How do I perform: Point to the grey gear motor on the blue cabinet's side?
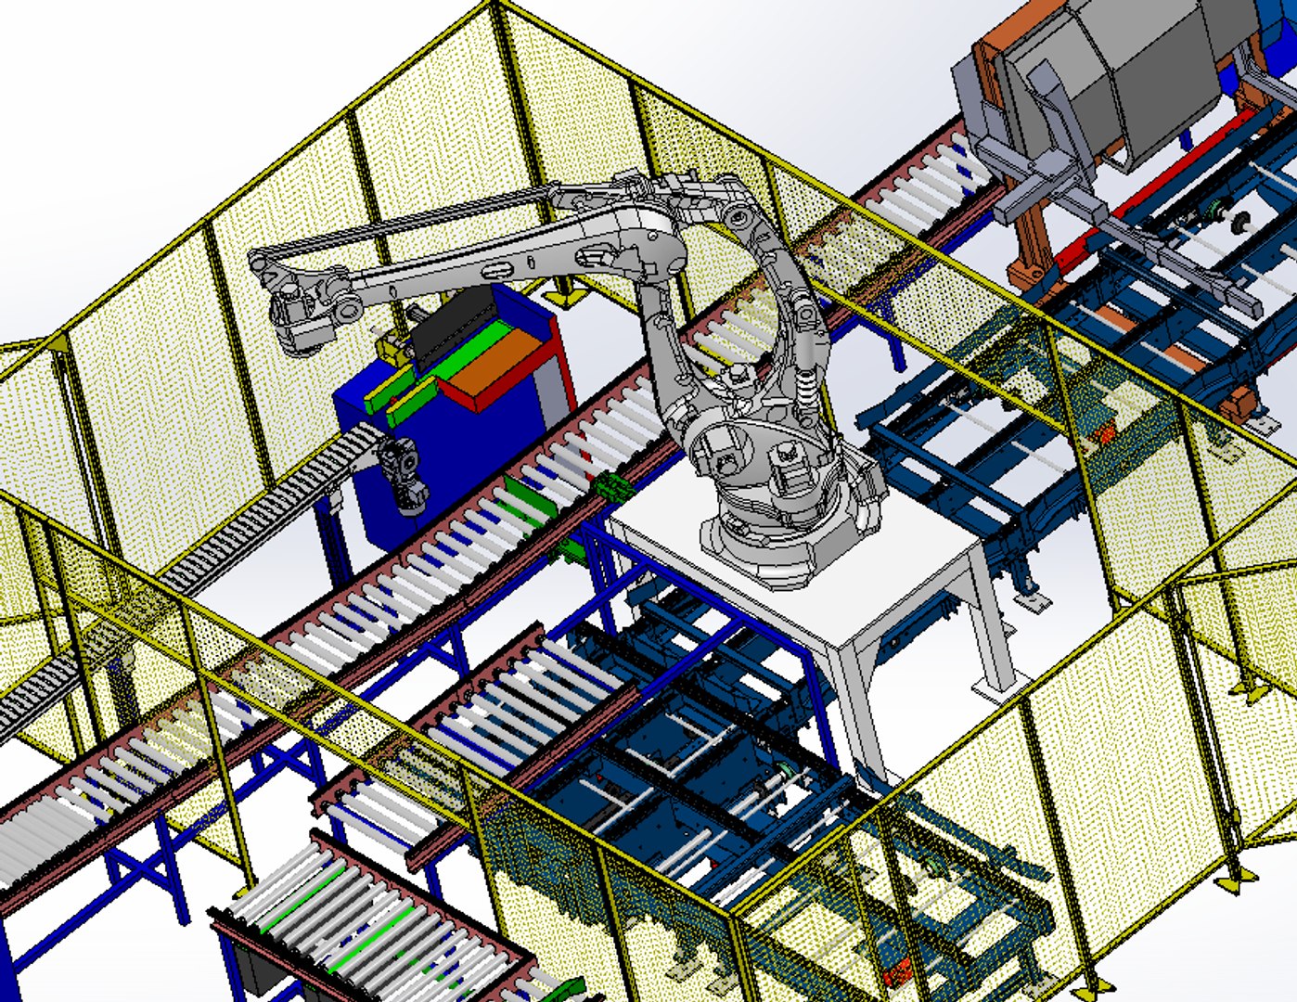pos(404,473)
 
